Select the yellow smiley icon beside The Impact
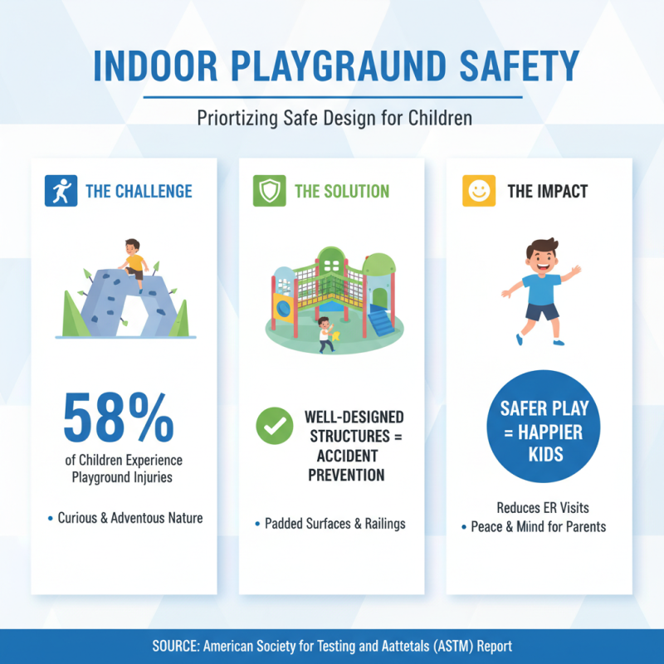coord(479,192)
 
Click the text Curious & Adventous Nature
coord(129,518)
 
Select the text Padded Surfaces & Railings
coord(334,524)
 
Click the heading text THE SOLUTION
coord(342,192)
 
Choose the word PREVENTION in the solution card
coord(346,476)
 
